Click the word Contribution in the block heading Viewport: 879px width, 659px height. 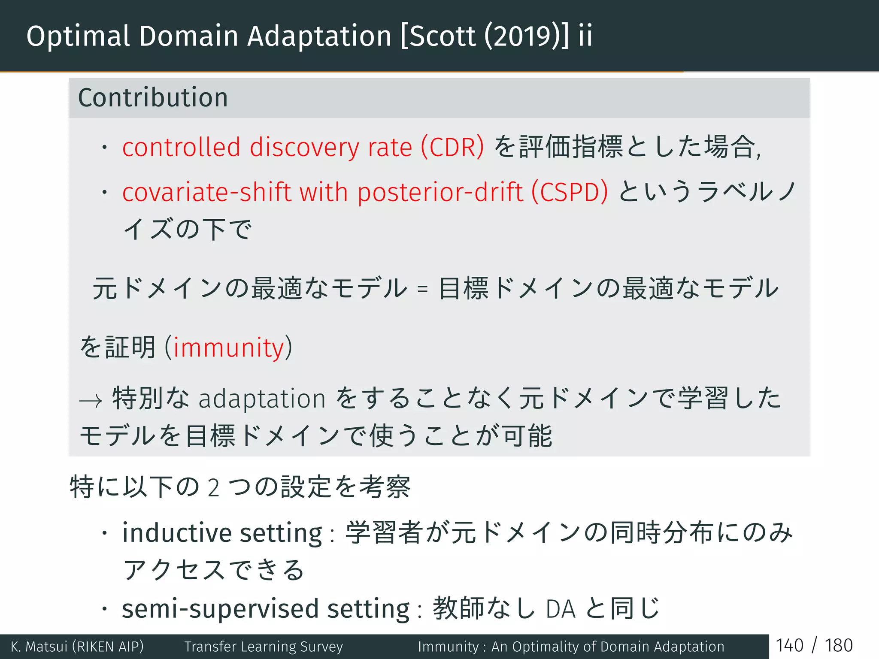153,98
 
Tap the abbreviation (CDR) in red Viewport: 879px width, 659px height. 452,147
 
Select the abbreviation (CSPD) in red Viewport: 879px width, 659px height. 570,192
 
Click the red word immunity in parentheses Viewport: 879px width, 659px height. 229,348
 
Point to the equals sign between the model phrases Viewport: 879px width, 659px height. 422,289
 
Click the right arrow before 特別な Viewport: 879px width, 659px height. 91,400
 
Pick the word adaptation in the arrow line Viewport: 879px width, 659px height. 262,399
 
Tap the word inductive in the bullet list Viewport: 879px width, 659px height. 177,533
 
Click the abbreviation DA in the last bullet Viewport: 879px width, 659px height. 560,609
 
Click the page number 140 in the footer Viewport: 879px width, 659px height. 789,646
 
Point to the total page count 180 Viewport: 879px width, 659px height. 839,646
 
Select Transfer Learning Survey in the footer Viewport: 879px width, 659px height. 264,647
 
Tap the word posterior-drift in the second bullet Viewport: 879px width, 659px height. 440,192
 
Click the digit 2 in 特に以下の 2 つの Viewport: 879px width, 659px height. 213,488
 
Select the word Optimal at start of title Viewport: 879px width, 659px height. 78,36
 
